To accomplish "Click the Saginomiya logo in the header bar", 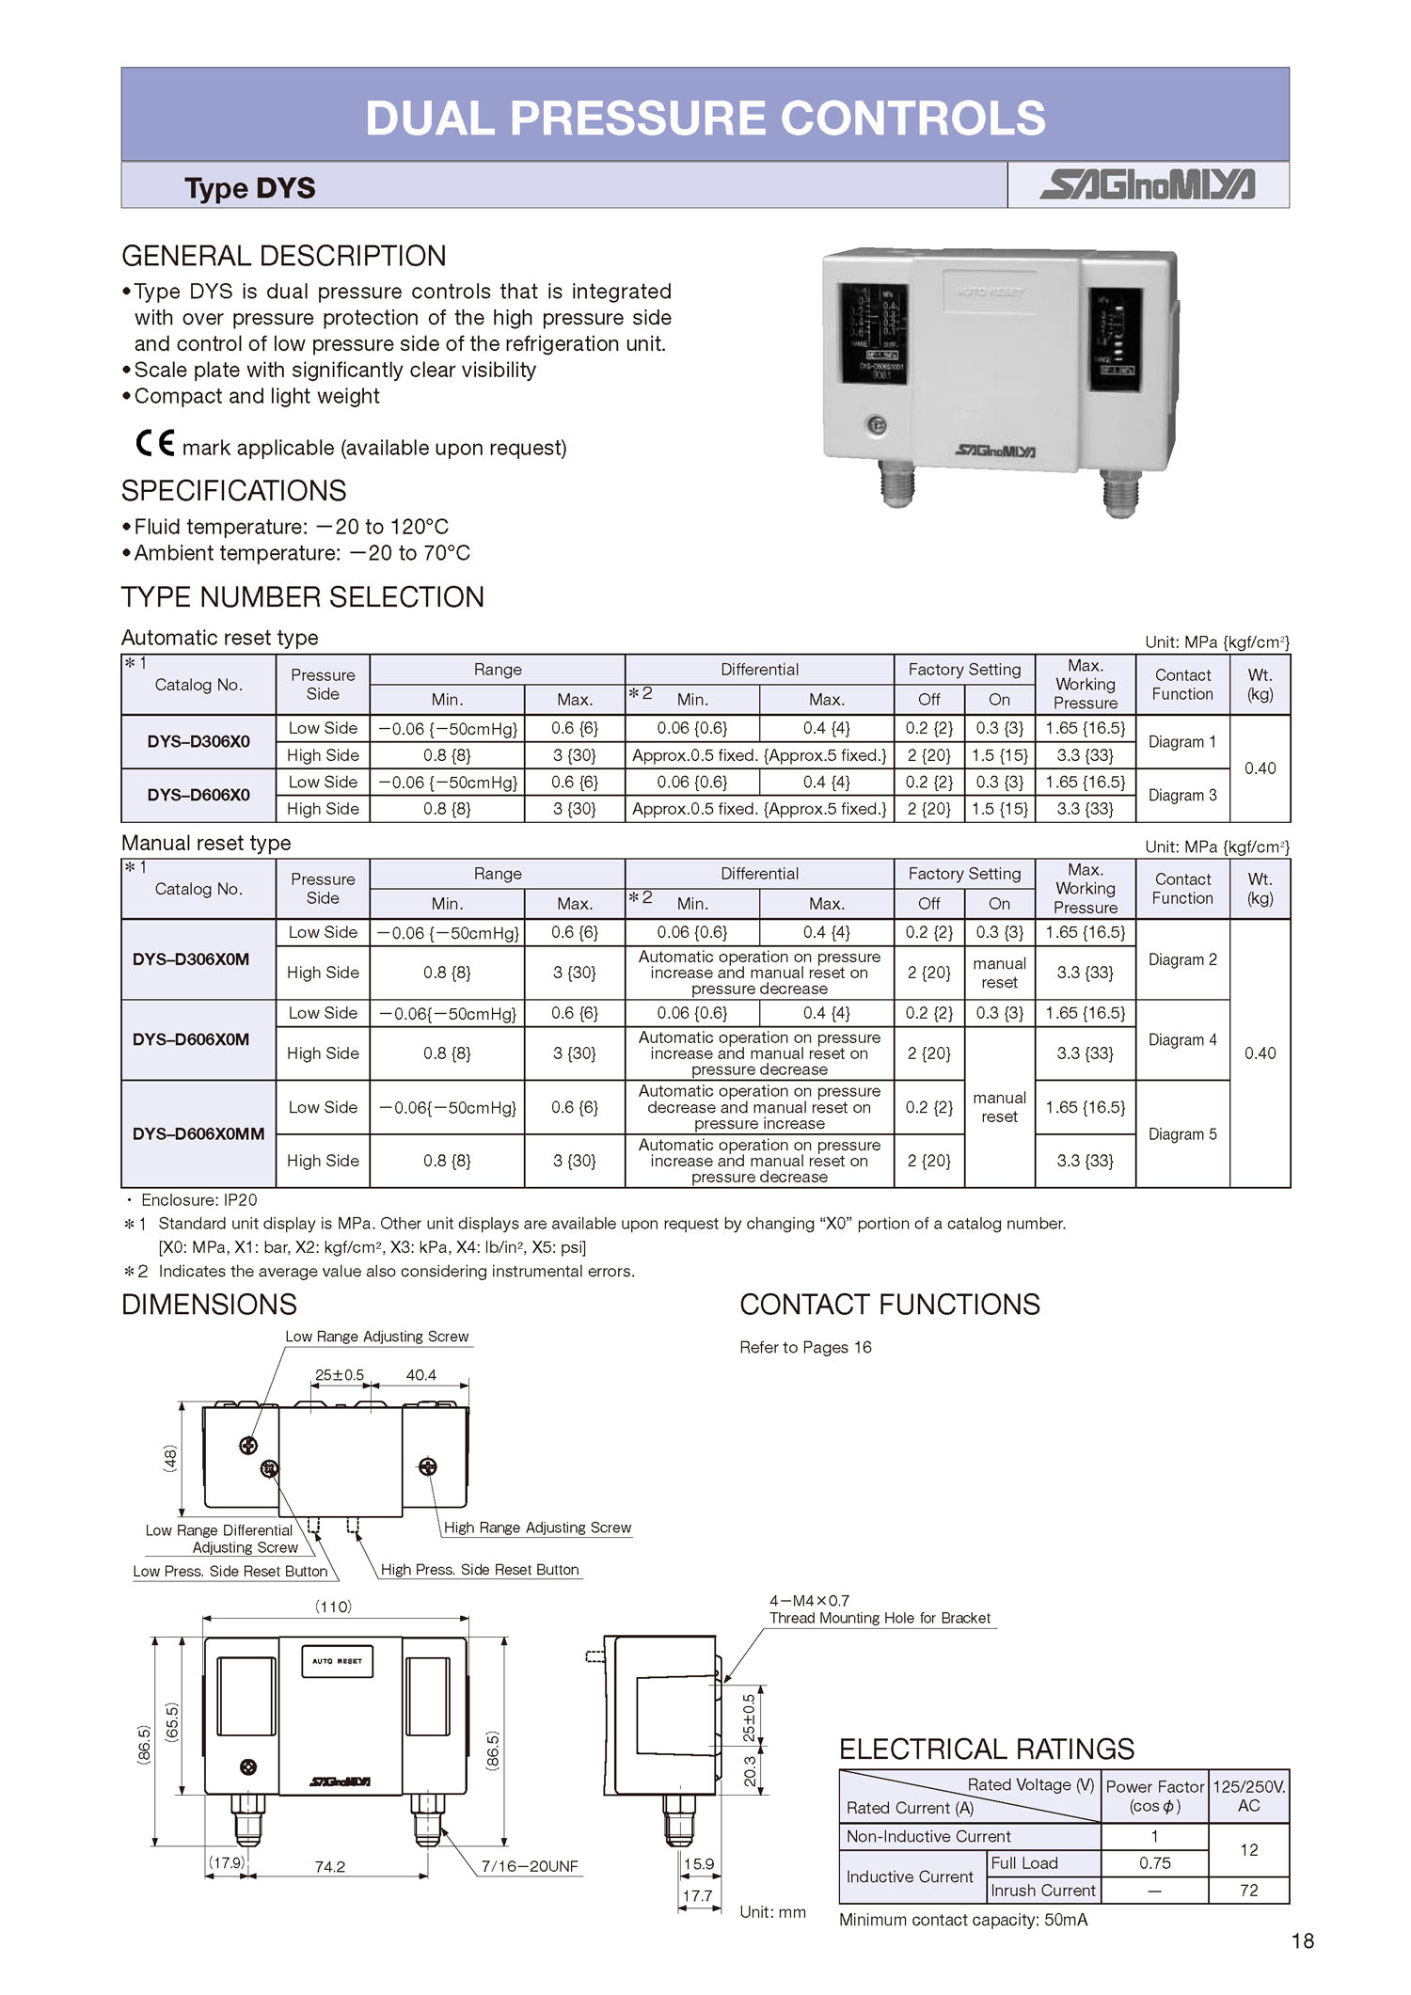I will tap(1147, 184).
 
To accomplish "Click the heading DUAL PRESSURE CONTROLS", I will tap(705, 119).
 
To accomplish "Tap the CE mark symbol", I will tap(155, 443).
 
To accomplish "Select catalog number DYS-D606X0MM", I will tap(198, 1133).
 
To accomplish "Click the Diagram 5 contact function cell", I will tap(1181, 1133).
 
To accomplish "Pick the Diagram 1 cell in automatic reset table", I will tap(1181, 741).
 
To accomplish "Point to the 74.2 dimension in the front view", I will tap(329, 1866).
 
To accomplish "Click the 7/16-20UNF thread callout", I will tap(530, 1866).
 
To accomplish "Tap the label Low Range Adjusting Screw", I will tap(376, 1337).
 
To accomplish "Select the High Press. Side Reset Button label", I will tap(480, 1569).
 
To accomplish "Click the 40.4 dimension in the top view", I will tap(420, 1375).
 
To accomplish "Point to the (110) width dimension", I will tap(333, 1607).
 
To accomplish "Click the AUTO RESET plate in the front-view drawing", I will tap(337, 1661).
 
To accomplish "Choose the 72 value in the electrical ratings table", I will tap(1248, 1890).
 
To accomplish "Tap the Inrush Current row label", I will tap(1042, 1890).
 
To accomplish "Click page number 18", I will tap(1302, 1940).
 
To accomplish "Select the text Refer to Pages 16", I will tap(805, 1347).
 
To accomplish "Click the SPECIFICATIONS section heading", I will tap(233, 491).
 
